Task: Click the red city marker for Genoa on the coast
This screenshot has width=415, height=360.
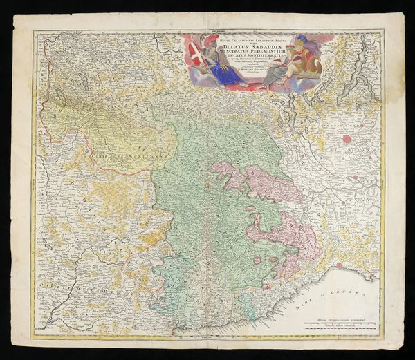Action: (339, 265)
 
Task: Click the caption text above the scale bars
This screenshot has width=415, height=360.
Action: (340, 314)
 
